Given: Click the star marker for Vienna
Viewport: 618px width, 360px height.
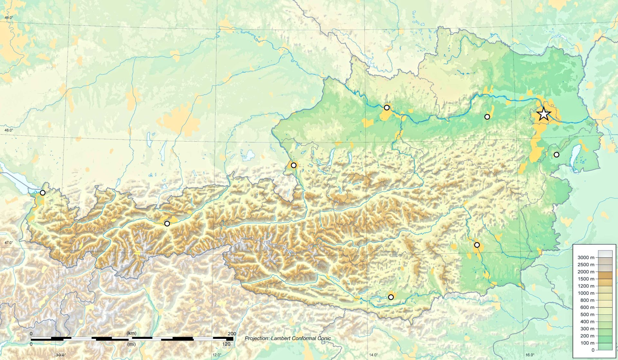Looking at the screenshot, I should pos(544,114).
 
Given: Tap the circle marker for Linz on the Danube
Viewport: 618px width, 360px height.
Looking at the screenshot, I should pos(387,107).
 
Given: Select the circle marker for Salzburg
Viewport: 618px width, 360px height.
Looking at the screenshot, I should pos(294,165).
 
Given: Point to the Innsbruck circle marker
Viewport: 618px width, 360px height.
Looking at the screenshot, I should pos(167,224).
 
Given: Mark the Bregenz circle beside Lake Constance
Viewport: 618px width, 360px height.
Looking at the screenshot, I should pos(42,193).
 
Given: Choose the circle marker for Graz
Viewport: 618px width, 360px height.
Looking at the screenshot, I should pos(477,245).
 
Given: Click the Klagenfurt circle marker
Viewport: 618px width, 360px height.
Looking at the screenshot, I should pos(391,297).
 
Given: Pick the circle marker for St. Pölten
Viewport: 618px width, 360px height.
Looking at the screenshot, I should pos(487,117).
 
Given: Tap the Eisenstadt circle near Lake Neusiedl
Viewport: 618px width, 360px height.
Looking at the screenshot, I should pos(557,155).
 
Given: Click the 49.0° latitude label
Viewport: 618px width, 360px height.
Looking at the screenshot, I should pos(9,17).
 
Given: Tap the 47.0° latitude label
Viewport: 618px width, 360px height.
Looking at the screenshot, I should pos(9,243).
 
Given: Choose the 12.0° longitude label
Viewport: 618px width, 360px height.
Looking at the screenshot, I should pos(217,355).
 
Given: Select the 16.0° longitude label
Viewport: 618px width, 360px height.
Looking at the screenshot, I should pos(530,355).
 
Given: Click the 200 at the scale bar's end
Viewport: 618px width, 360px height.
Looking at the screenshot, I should pos(232,334).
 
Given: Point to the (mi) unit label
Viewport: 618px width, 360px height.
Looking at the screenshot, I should pos(131,344).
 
